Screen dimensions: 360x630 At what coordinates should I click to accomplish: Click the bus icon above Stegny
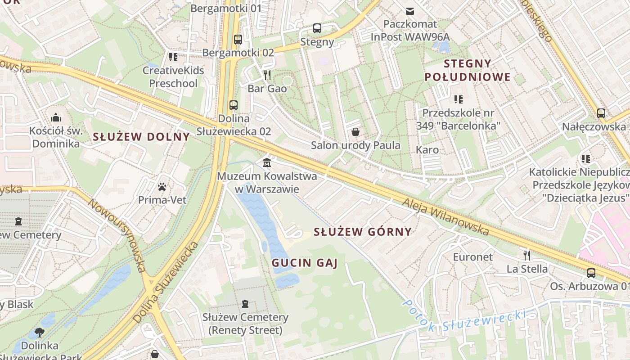[x=317, y=28]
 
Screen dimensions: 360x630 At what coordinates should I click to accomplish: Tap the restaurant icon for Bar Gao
[x=267, y=75]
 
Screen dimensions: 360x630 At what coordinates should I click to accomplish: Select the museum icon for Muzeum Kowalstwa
[x=267, y=162]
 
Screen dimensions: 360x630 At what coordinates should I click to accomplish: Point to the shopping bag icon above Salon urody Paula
[x=355, y=132]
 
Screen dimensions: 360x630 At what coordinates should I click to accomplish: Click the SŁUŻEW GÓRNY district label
[x=362, y=232]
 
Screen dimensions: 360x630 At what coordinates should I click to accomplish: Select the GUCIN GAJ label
[x=304, y=263]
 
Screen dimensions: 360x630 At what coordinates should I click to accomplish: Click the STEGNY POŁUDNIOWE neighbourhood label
[x=468, y=70]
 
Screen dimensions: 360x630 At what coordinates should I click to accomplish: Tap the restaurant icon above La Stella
[x=527, y=256]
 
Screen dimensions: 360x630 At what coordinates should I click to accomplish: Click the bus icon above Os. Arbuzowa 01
[x=591, y=273]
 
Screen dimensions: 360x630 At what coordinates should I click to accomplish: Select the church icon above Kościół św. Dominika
[x=56, y=117]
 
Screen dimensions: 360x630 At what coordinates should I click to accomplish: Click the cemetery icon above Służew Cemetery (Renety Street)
[x=245, y=304]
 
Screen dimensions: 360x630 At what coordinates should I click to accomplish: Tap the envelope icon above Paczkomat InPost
[x=410, y=11]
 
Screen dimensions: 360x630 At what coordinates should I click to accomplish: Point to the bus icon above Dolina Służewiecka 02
[x=233, y=105]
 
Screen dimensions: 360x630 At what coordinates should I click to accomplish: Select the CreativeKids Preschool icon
[x=173, y=57]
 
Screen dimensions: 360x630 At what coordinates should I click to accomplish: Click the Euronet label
[x=472, y=257]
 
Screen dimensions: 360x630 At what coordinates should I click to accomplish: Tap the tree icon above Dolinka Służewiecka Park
[x=40, y=333]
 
